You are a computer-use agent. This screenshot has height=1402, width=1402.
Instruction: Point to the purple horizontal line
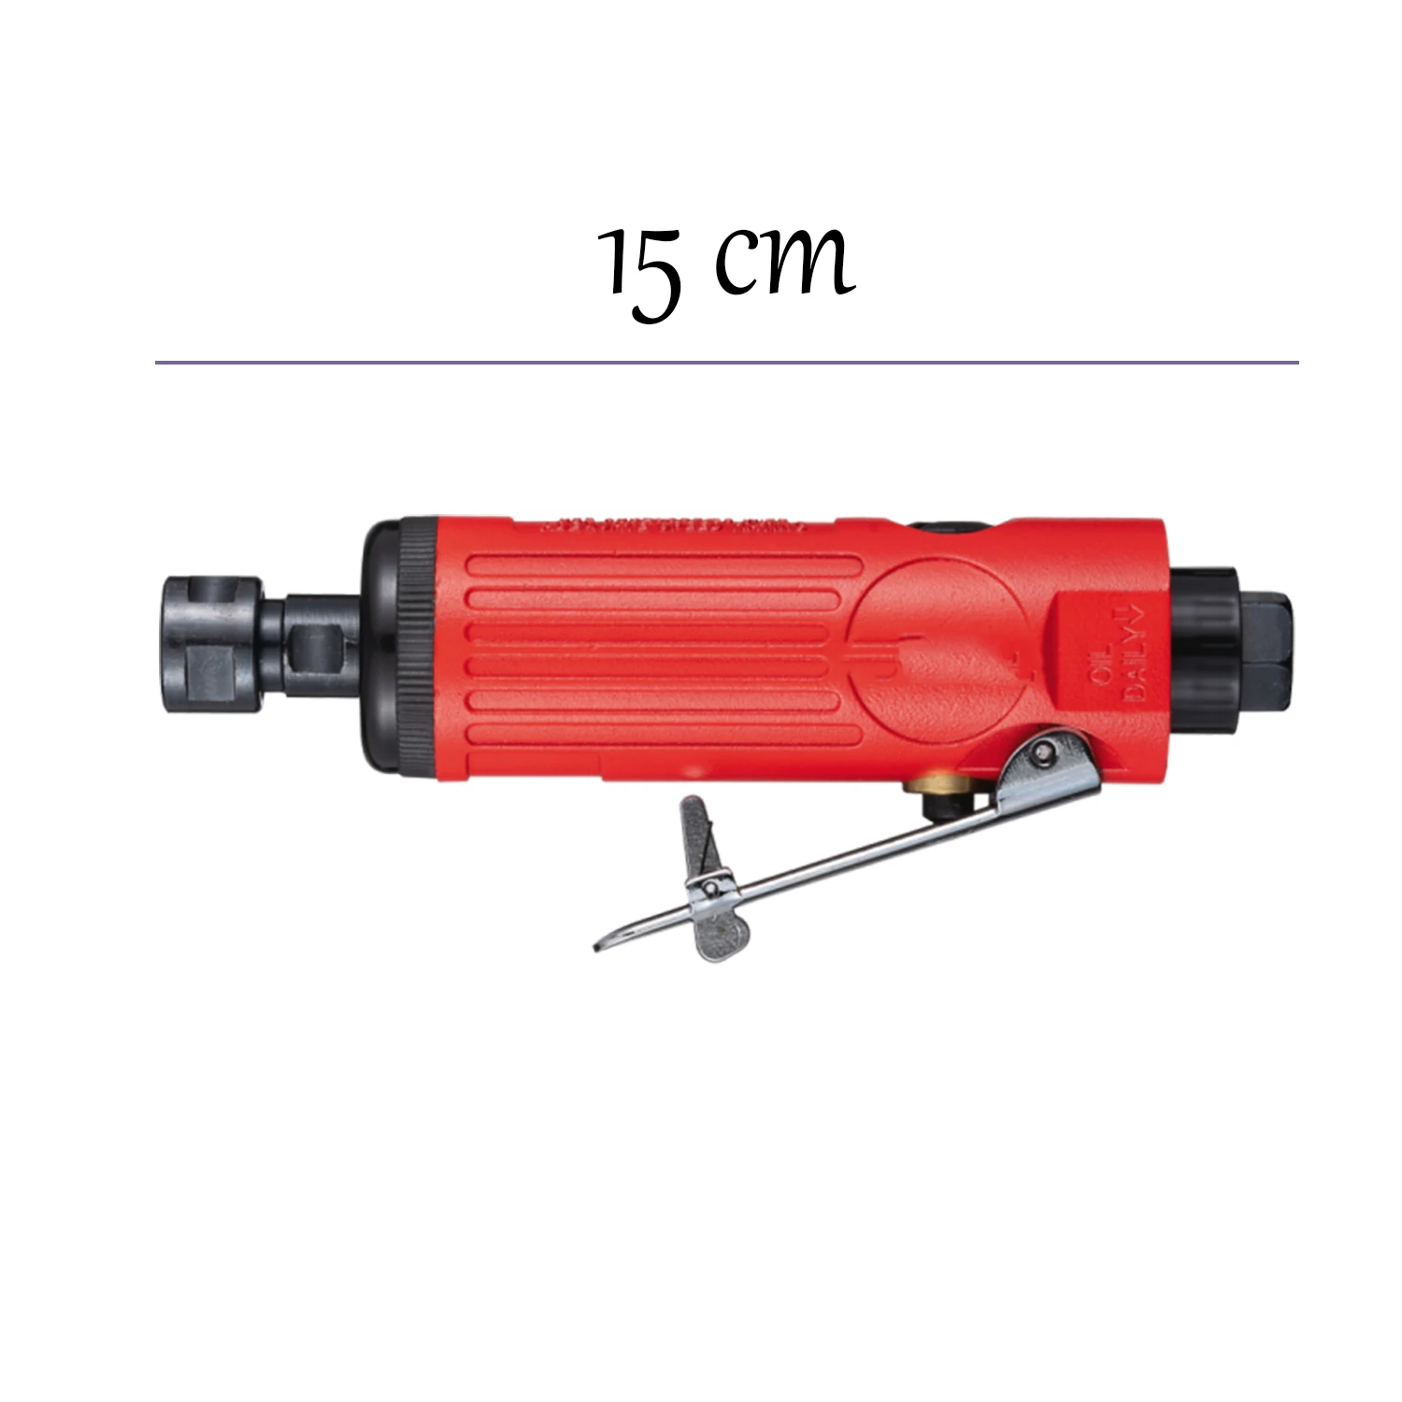pos(726,362)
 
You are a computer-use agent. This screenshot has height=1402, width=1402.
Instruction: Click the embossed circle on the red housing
pos(935,646)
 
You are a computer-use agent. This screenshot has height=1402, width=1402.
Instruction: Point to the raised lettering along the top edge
pos(673,525)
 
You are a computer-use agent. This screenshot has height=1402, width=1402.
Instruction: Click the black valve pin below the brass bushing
pos(935,804)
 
